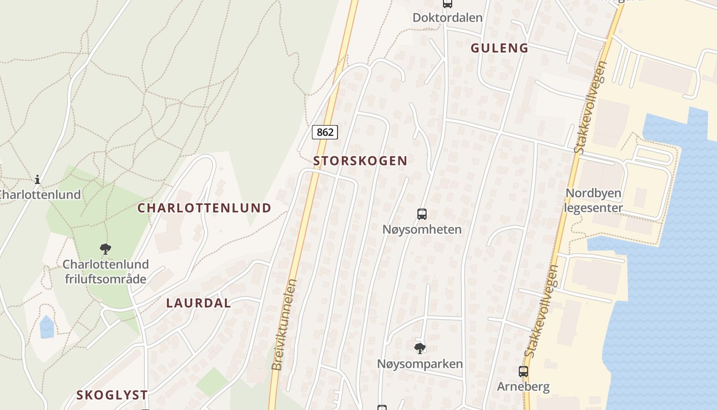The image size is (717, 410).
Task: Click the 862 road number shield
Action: click(x=325, y=132)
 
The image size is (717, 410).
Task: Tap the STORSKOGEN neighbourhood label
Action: click(x=360, y=160)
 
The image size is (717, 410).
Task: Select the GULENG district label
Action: click(x=499, y=48)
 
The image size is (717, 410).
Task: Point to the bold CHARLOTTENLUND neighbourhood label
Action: click(x=204, y=208)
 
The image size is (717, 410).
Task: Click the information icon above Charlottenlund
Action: click(x=37, y=179)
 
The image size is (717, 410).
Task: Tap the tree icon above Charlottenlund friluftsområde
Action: click(x=106, y=249)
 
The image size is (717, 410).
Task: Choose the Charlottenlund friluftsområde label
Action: click(x=106, y=272)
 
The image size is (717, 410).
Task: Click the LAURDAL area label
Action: click(x=198, y=303)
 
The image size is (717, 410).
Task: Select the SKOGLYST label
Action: click(x=112, y=395)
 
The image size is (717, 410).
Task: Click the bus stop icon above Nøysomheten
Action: click(x=422, y=214)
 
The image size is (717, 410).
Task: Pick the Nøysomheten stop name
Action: click(x=422, y=229)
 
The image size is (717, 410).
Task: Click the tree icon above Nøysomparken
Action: click(x=420, y=348)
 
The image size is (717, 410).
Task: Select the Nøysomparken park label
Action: click(x=420, y=364)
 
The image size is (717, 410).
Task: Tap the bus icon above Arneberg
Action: click(x=523, y=372)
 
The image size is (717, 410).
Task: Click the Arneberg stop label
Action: click(x=523, y=386)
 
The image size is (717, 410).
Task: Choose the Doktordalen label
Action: click(x=448, y=17)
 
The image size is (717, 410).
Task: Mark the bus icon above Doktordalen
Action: click(x=448, y=4)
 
